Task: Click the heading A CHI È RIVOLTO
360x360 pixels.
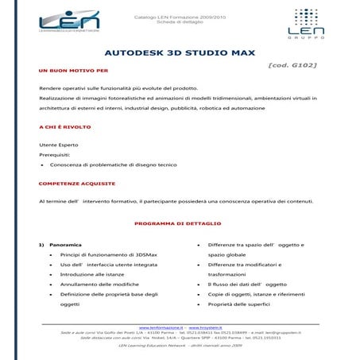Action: pos(64,127)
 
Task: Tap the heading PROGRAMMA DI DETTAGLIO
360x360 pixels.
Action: pos(178,223)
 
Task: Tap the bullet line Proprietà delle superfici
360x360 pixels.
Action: pos(238,304)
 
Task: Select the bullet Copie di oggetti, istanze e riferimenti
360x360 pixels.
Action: pos(257,294)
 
